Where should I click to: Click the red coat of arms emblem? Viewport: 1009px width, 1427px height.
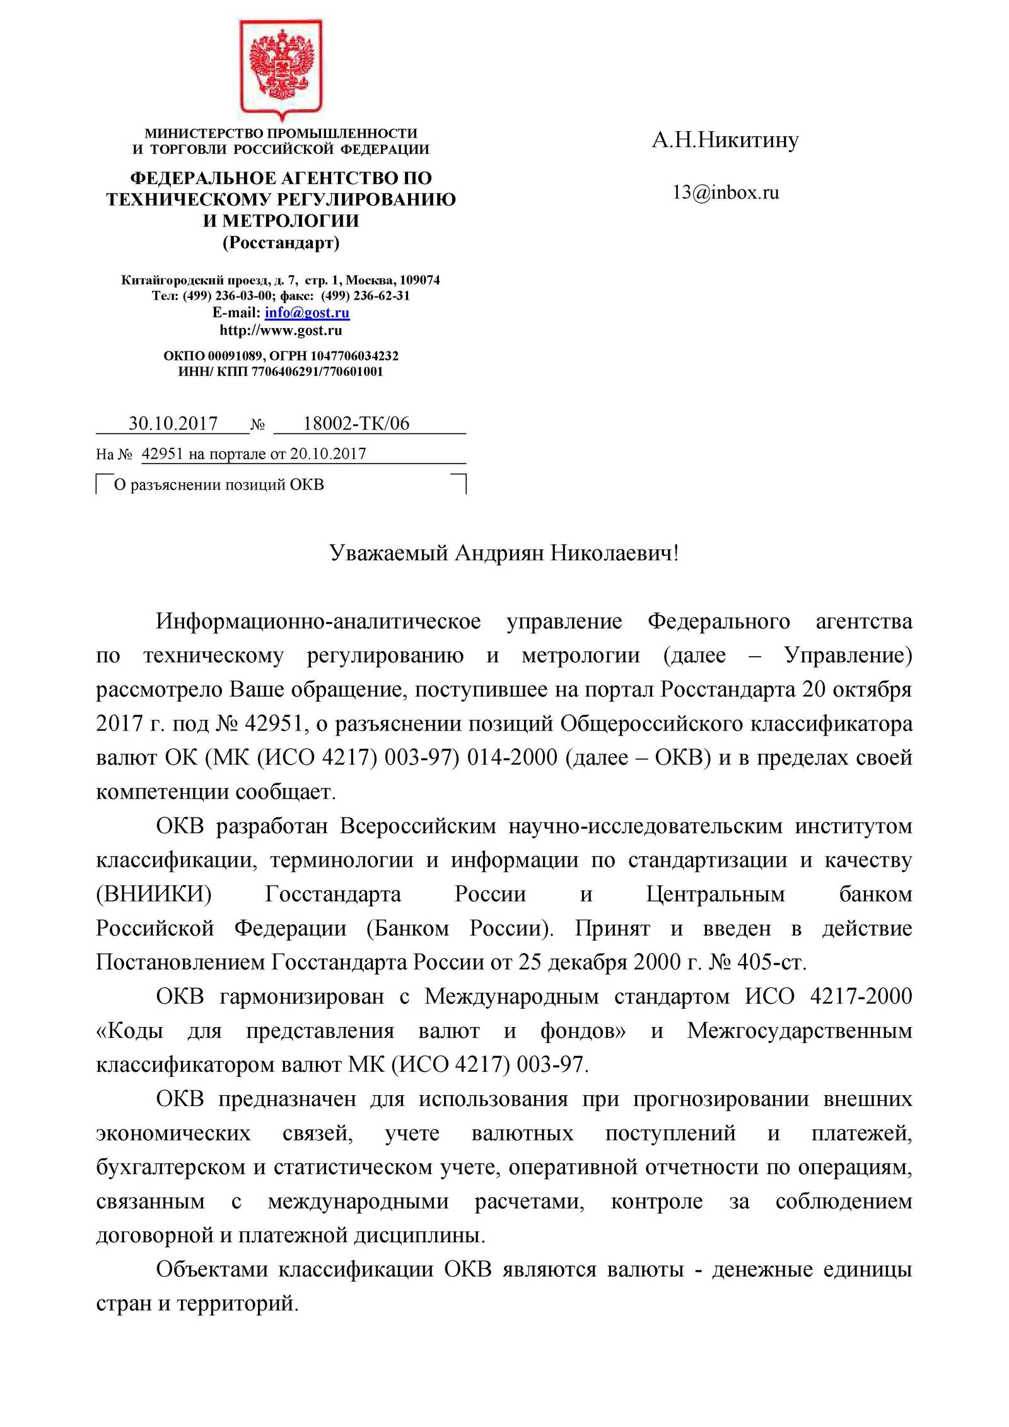point(281,69)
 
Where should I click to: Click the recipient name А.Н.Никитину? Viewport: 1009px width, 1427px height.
point(725,139)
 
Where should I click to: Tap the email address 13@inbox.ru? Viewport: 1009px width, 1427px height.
point(726,192)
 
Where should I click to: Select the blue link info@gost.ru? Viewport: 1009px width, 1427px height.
point(307,313)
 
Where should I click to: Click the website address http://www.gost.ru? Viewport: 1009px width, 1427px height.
point(281,330)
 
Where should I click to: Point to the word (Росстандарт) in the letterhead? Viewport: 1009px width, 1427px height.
point(281,242)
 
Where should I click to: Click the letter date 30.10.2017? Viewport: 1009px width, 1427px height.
point(173,423)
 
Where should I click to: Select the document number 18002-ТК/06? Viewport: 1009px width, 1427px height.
point(356,423)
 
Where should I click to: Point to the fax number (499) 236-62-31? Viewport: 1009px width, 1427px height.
point(366,296)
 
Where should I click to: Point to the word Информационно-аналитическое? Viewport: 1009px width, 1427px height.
point(318,621)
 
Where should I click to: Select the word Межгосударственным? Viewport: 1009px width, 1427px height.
point(800,1030)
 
